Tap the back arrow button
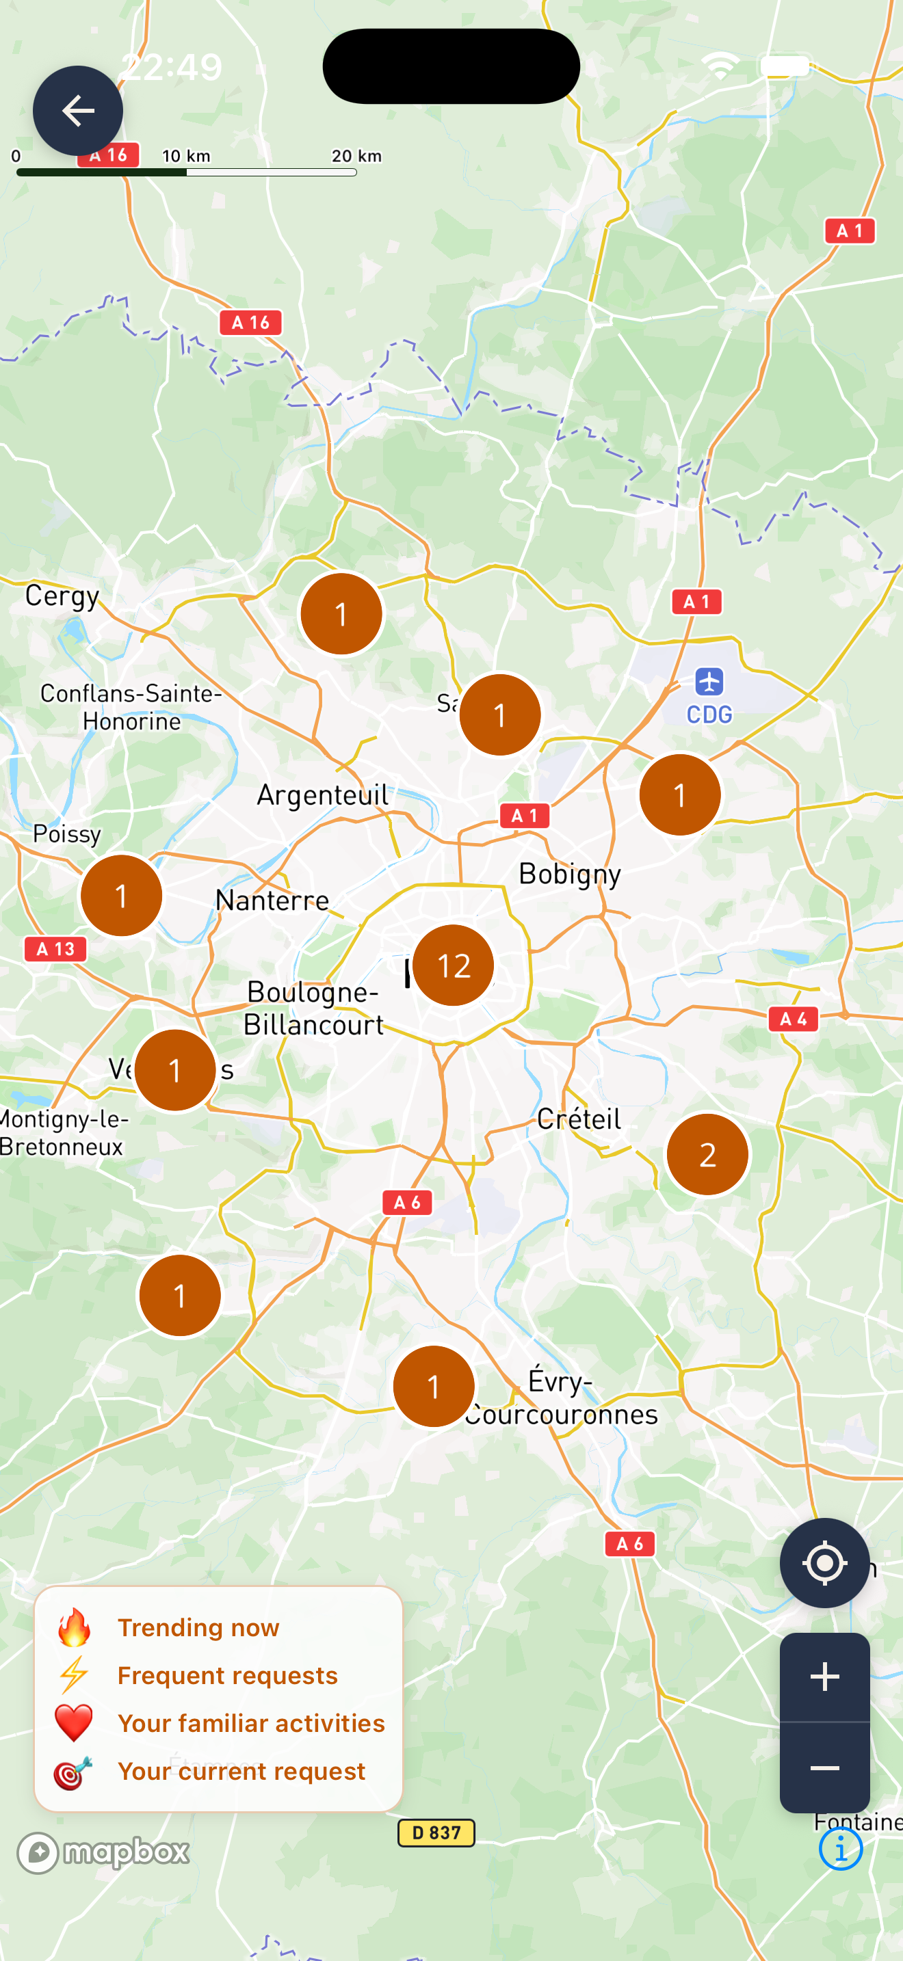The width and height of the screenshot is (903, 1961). [78, 111]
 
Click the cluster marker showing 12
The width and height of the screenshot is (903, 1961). [453, 965]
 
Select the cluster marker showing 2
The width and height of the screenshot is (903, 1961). [707, 1155]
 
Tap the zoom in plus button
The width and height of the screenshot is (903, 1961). [824, 1677]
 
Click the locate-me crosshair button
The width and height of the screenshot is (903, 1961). [824, 1563]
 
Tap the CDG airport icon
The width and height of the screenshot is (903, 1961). [709, 681]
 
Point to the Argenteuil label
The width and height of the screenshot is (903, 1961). [322, 795]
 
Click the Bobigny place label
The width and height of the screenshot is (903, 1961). [570, 875]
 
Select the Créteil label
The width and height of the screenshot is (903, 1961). [579, 1119]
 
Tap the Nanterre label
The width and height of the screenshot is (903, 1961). [272, 901]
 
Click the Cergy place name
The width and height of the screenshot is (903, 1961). [62, 596]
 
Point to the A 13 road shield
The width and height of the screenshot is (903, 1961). [55, 949]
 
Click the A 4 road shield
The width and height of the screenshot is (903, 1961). [793, 1019]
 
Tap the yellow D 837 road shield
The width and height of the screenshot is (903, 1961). [436, 1832]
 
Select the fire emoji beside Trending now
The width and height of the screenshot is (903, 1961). [74, 1627]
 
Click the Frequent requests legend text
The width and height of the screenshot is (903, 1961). [227, 1675]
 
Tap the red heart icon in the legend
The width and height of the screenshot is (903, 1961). [74, 1724]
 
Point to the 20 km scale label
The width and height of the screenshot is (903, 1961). [356, 156]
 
